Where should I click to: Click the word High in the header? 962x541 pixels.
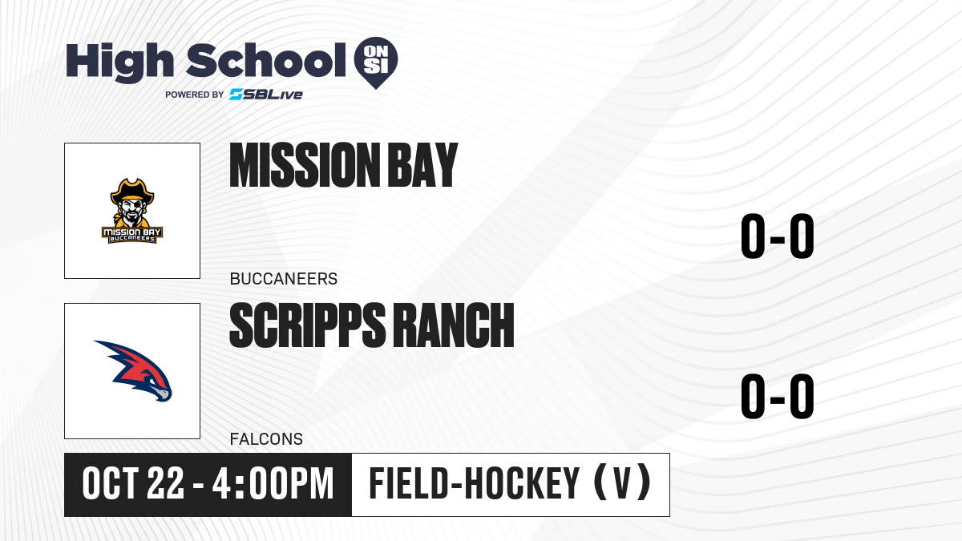(119, 63)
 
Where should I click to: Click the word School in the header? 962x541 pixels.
(266, 60)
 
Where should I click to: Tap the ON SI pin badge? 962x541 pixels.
(376, 63)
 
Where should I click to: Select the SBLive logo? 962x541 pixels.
(266, 95)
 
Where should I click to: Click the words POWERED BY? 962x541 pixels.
(195, 95)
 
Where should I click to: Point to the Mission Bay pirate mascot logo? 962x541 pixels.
(132, 211)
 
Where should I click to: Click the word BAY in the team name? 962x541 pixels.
(423, 165)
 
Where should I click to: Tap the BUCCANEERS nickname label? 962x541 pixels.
(284, 279)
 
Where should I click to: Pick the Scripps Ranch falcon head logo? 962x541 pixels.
(133, 371)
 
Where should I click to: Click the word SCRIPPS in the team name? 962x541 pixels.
(308, 325)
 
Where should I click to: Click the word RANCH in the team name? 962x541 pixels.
(454, 325)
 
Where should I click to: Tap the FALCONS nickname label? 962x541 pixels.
(266, 439)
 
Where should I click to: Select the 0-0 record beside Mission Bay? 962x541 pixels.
(778, 236)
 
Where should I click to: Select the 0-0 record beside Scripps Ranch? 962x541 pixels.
(778, 396)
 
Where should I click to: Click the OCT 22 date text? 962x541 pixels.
(133, 484)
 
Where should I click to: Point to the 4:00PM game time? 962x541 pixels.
(273, 484)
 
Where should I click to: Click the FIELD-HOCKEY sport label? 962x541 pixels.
(475, 484)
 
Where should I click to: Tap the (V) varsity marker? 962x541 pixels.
(622, 482)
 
